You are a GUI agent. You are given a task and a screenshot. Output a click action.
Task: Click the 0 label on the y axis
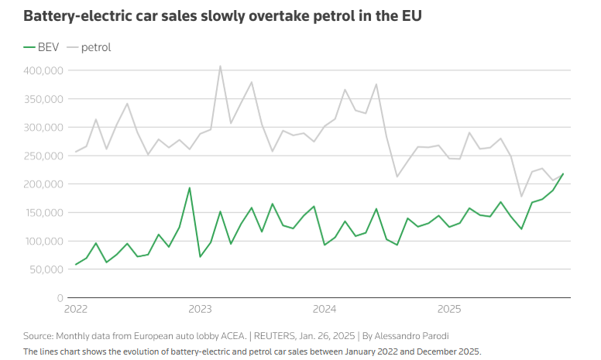59,298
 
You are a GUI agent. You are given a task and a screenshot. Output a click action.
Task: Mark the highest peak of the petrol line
221,66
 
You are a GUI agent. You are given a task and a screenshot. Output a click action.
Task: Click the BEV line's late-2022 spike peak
190,188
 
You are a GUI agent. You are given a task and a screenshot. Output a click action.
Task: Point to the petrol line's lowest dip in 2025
521,197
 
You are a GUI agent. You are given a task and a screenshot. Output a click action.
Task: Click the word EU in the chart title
411,15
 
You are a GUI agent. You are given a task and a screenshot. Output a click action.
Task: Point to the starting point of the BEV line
76,265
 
